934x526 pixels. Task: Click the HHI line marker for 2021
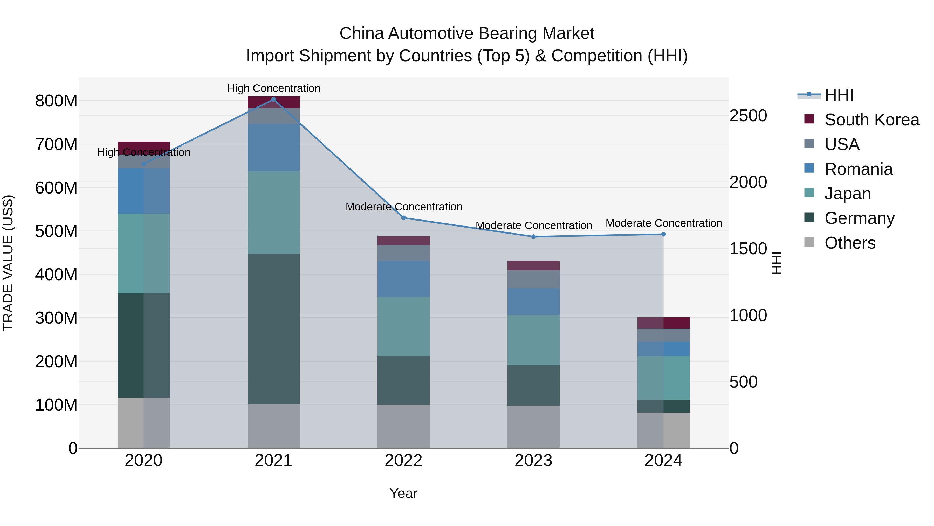pos(273,99)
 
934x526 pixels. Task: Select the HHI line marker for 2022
pos(403,218)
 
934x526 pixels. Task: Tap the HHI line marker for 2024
pos(663,234)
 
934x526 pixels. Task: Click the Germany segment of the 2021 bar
pos(273,329)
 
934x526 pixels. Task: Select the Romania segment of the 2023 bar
pos(533,301)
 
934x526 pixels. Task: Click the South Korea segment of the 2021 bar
pos(273,102)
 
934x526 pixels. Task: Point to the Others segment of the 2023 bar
pos(533,427)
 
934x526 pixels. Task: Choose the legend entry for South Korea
pos(872,120)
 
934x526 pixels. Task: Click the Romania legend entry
pos(858,169)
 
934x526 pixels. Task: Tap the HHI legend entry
pos(839,95)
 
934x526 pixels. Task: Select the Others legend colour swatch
pos(809,242)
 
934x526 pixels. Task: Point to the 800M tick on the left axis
pos(56,101)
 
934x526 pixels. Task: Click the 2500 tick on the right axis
pos(748,116)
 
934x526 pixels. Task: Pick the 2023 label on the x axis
pos(533,461)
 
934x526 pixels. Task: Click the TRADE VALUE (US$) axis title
pos(8,263)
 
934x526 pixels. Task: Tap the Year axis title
pos(403,493)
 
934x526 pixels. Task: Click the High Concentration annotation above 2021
pos(274,88)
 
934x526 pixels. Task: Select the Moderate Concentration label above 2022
pos(403,207)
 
